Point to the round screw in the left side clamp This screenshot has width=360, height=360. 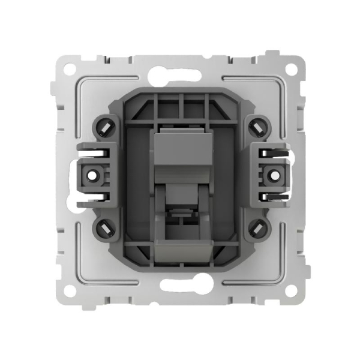click(94, 176)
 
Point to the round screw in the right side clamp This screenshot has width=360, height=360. click(266, 176)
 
